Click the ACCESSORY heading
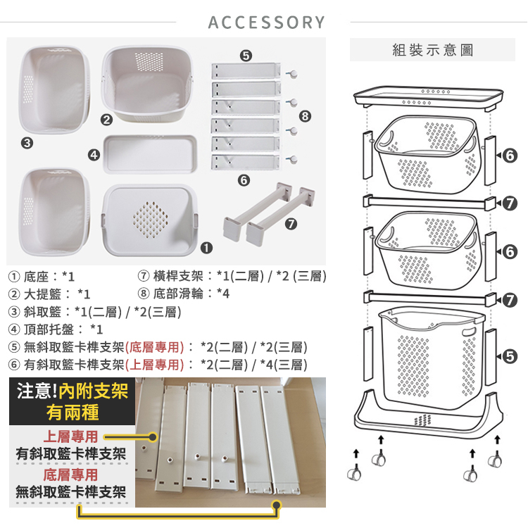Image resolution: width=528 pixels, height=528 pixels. tap(266, 23)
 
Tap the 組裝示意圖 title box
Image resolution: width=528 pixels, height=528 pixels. tap(432, 50)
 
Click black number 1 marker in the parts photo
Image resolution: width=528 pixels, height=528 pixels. tap(206, 248)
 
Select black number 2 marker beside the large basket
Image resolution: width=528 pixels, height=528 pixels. tap(107, 120)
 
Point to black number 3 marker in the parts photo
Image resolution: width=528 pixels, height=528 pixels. tap(27, 143)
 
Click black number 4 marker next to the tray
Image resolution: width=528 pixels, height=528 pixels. tap(94, 155)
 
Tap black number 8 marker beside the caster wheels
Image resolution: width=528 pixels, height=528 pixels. tap(305, 116)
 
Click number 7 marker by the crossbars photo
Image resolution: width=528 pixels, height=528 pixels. tap(291, 224)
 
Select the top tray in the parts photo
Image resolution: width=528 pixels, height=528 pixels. tap(150, 154)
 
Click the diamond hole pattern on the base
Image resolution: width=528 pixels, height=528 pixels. tap(150, 219)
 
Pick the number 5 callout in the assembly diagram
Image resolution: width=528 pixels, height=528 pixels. tap(510, 357)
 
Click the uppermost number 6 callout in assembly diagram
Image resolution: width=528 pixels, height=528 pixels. tap(510, 156)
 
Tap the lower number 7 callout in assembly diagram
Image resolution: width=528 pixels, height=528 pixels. tap(510, 300)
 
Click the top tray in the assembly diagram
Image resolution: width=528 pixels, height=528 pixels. tap(428, 97)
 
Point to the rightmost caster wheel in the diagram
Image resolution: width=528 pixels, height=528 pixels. tap(495, 460)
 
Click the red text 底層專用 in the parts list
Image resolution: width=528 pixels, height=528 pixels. tap(155, 347)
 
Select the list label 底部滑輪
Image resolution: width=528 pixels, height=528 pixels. tap(178, 294)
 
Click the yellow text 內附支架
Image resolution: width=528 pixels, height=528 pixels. tap(94, 391)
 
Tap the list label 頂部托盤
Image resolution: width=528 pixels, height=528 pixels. tap(49, 329)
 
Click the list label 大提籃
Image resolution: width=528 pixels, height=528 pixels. tap(42, 294)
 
